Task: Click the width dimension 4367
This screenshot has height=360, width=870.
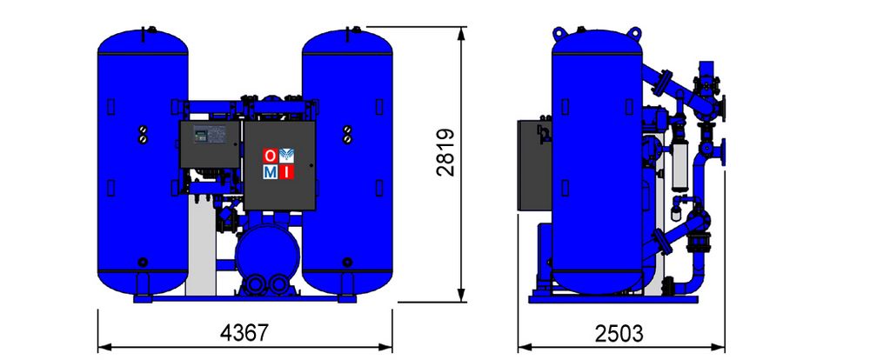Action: point(244,333)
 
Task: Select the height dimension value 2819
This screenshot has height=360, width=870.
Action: point(445,152)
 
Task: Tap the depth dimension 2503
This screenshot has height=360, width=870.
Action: point(619,334)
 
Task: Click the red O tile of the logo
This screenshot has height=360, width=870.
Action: point(270,156)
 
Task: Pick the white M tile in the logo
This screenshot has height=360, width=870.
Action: point(270,172)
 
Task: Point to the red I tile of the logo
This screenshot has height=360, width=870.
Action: point(286,172)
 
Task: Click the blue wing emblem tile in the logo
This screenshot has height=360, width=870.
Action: point(286,156)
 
